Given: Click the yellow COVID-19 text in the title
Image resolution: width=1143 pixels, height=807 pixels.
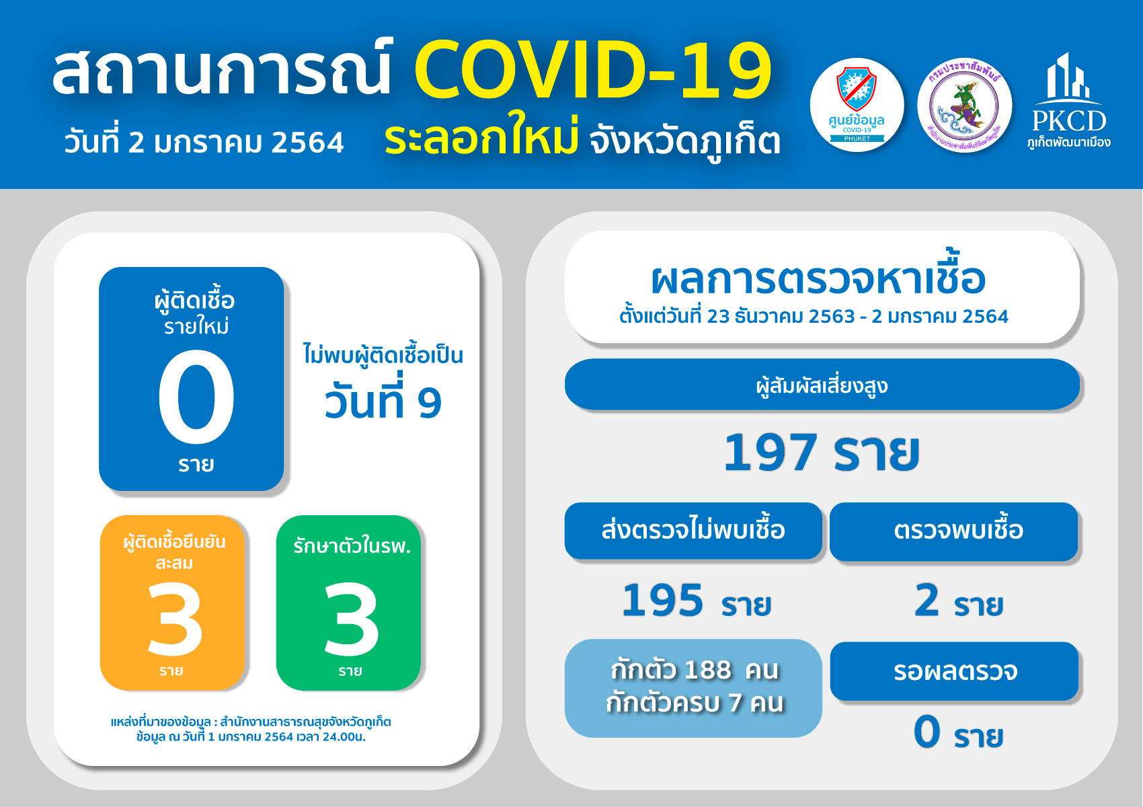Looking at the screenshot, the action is (593, 69).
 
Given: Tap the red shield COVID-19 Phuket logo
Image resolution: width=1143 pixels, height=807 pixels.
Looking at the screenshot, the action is (857, 105).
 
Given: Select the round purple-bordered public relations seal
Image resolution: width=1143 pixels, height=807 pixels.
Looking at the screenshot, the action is (964, 105).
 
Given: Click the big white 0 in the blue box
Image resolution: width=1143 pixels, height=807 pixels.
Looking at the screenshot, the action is (196, 397).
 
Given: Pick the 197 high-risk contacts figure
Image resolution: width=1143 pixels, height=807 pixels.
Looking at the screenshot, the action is (769, 452).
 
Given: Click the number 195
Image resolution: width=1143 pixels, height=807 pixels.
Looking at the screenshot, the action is (663, 601).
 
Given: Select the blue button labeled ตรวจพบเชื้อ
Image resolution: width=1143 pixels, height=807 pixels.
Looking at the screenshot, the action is (953, 531).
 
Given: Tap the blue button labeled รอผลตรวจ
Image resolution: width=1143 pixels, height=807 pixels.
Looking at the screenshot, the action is (954, 670).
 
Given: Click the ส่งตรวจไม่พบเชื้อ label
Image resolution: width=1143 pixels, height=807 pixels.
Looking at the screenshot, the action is (693, 530).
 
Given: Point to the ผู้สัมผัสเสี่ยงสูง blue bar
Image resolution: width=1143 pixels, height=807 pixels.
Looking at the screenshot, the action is (822, 385).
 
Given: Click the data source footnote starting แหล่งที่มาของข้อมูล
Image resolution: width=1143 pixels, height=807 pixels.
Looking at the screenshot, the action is (251, 730).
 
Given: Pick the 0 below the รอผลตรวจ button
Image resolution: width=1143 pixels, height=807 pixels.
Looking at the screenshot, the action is (927, 732).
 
